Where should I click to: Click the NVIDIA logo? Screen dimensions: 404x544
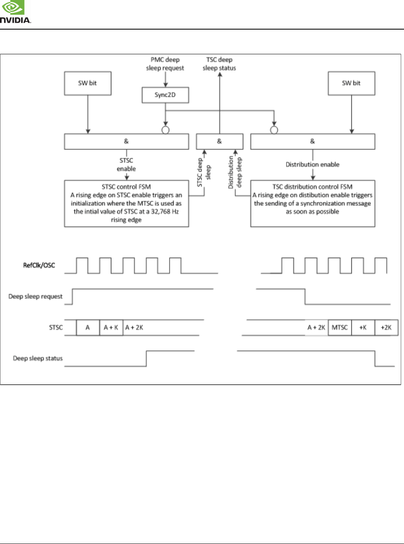15,12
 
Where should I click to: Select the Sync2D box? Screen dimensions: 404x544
165,95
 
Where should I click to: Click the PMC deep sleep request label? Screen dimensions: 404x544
165,64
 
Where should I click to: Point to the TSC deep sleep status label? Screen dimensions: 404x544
219,64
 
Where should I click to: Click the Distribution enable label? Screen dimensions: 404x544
313,164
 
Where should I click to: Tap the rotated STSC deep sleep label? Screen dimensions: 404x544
204,173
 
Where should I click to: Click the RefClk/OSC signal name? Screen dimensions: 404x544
39,265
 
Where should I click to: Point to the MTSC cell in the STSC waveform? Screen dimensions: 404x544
340,327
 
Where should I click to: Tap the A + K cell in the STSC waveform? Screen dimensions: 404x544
111,327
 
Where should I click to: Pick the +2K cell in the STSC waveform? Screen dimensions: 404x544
386,327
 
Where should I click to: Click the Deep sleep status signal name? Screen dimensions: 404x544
38,358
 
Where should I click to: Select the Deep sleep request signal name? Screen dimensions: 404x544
36,297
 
